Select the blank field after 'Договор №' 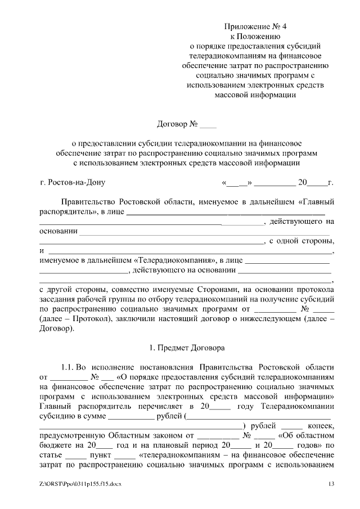coord(208,123)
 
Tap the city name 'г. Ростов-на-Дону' coord(73,182)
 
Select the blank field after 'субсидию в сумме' coord(130,416)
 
